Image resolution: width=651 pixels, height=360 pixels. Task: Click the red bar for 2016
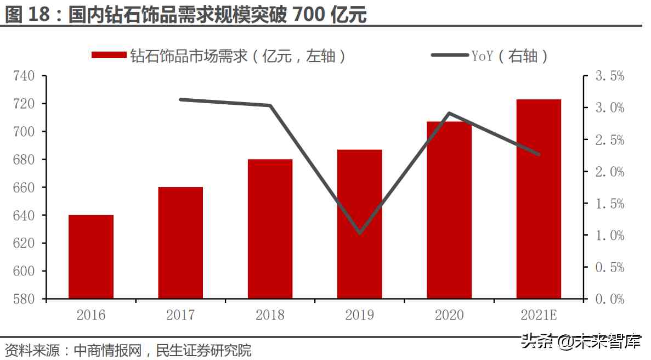point(91,257)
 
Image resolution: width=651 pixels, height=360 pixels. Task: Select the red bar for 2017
point(180,243)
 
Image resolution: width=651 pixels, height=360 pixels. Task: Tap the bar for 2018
point(270,229)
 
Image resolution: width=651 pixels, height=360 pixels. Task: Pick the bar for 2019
point(359,224)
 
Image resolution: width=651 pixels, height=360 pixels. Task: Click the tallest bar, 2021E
point(539,199)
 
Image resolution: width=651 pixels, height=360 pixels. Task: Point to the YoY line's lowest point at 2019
point(360,233)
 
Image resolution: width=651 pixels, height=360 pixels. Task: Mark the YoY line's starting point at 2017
point(180,99)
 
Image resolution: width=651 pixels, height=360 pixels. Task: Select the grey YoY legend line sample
point(449,55)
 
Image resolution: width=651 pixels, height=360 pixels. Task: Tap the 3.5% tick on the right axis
point(610,76)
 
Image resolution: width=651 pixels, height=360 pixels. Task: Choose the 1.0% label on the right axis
point(610,235)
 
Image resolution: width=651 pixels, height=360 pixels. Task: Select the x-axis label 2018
point(270,315)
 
